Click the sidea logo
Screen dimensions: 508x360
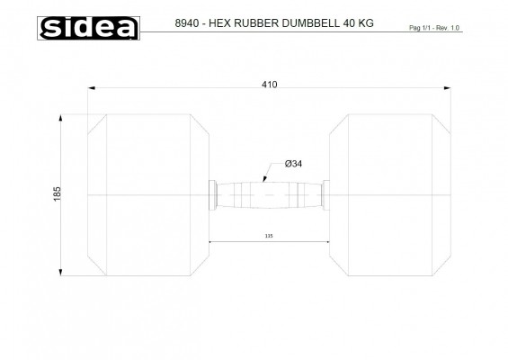coord(88,28)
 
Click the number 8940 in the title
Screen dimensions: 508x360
coord(187,23)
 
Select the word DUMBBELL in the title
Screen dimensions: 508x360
coord(311,23)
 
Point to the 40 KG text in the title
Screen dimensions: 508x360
coord(359,23)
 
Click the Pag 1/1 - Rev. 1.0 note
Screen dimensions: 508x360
coord(434,28)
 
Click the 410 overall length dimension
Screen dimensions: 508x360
coord(269,85)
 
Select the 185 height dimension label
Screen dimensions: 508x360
coord(57,193)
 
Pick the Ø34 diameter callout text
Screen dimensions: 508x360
coord(293,164)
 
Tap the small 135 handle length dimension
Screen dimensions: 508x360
coord(269,236)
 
